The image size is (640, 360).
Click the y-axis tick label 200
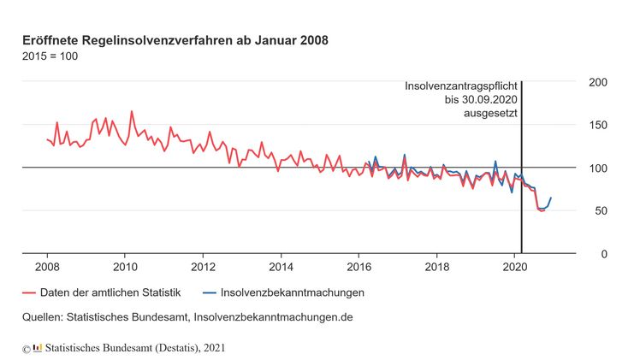[x=598, y=82]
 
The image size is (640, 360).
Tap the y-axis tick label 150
[x=598, y=126]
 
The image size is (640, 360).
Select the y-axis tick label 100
[x=598, y=168]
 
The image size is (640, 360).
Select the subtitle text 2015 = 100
[x=50, y=56]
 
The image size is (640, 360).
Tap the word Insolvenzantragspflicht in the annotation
[x=460, y=86]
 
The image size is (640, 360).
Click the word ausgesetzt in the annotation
[x=491, y=113]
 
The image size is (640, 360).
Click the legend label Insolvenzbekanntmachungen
[x=292, y=293]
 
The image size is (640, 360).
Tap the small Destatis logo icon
[x=37, y=347]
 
